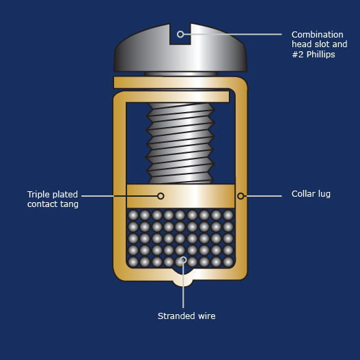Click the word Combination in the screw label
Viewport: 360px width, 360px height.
317,35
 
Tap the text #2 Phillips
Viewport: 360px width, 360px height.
314,55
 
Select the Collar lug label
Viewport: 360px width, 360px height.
311,194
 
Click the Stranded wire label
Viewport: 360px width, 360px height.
186,316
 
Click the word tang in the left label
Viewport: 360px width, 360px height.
69,204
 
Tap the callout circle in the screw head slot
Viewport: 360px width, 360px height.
180,34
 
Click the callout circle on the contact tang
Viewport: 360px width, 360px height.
161,196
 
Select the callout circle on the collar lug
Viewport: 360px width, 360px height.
240,196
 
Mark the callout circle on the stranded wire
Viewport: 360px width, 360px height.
183,260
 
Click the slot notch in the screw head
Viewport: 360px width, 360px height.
180,34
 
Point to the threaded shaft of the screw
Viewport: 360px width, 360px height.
180,143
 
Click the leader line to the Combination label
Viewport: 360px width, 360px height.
233,34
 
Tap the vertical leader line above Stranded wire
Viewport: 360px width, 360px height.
183,286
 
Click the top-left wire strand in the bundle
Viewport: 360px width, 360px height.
133,215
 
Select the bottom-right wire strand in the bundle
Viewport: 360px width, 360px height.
228,262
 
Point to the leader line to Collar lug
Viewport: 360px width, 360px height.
263,196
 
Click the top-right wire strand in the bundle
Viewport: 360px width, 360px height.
228,215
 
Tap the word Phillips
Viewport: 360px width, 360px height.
321,55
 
